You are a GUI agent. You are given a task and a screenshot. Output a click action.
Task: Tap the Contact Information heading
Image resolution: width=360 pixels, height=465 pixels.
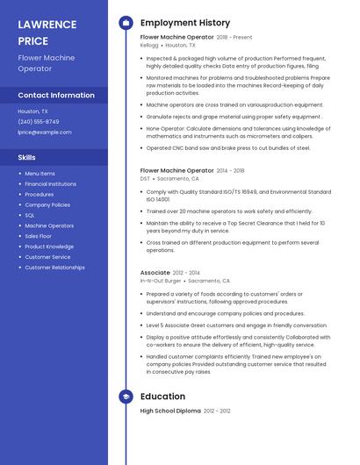[56, 95]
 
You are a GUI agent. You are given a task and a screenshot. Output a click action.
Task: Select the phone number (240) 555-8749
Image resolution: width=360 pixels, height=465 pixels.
[39, 122]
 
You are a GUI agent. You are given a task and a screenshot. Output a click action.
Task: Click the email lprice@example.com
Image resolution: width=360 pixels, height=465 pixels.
[45, 132]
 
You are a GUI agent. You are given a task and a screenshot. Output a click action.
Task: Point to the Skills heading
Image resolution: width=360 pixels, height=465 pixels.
[27, 157]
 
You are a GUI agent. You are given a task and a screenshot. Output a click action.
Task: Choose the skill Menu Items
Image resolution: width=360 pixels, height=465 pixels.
[40, 174]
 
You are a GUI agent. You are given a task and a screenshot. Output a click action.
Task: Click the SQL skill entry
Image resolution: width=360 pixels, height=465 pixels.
[30, 215]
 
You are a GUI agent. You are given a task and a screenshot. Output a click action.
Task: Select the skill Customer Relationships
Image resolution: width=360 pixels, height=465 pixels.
[54, 268]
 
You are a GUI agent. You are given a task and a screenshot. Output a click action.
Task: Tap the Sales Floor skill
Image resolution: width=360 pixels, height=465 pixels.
[39, 236]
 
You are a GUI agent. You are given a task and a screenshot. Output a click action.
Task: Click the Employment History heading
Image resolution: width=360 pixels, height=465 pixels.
[185, 23]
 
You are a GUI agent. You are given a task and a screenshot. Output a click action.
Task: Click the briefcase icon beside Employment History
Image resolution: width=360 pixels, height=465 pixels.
[126, 23]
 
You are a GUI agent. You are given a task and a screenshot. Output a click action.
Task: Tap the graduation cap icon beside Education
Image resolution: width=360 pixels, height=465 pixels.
[126, 397]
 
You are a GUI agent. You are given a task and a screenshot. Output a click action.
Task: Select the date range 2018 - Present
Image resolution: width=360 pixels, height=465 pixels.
[234, 38]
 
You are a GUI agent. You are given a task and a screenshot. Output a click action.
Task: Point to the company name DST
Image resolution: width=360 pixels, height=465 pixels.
[145, 178]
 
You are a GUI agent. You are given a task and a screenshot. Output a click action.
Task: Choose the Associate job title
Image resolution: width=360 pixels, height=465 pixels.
[155, 273]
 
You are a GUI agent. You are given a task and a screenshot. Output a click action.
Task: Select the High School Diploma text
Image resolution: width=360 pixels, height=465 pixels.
[170, 411]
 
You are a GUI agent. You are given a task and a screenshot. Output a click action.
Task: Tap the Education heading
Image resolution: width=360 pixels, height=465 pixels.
[162, 397]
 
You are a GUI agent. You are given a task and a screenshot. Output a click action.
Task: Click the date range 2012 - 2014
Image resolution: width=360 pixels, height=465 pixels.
[187, 273]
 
